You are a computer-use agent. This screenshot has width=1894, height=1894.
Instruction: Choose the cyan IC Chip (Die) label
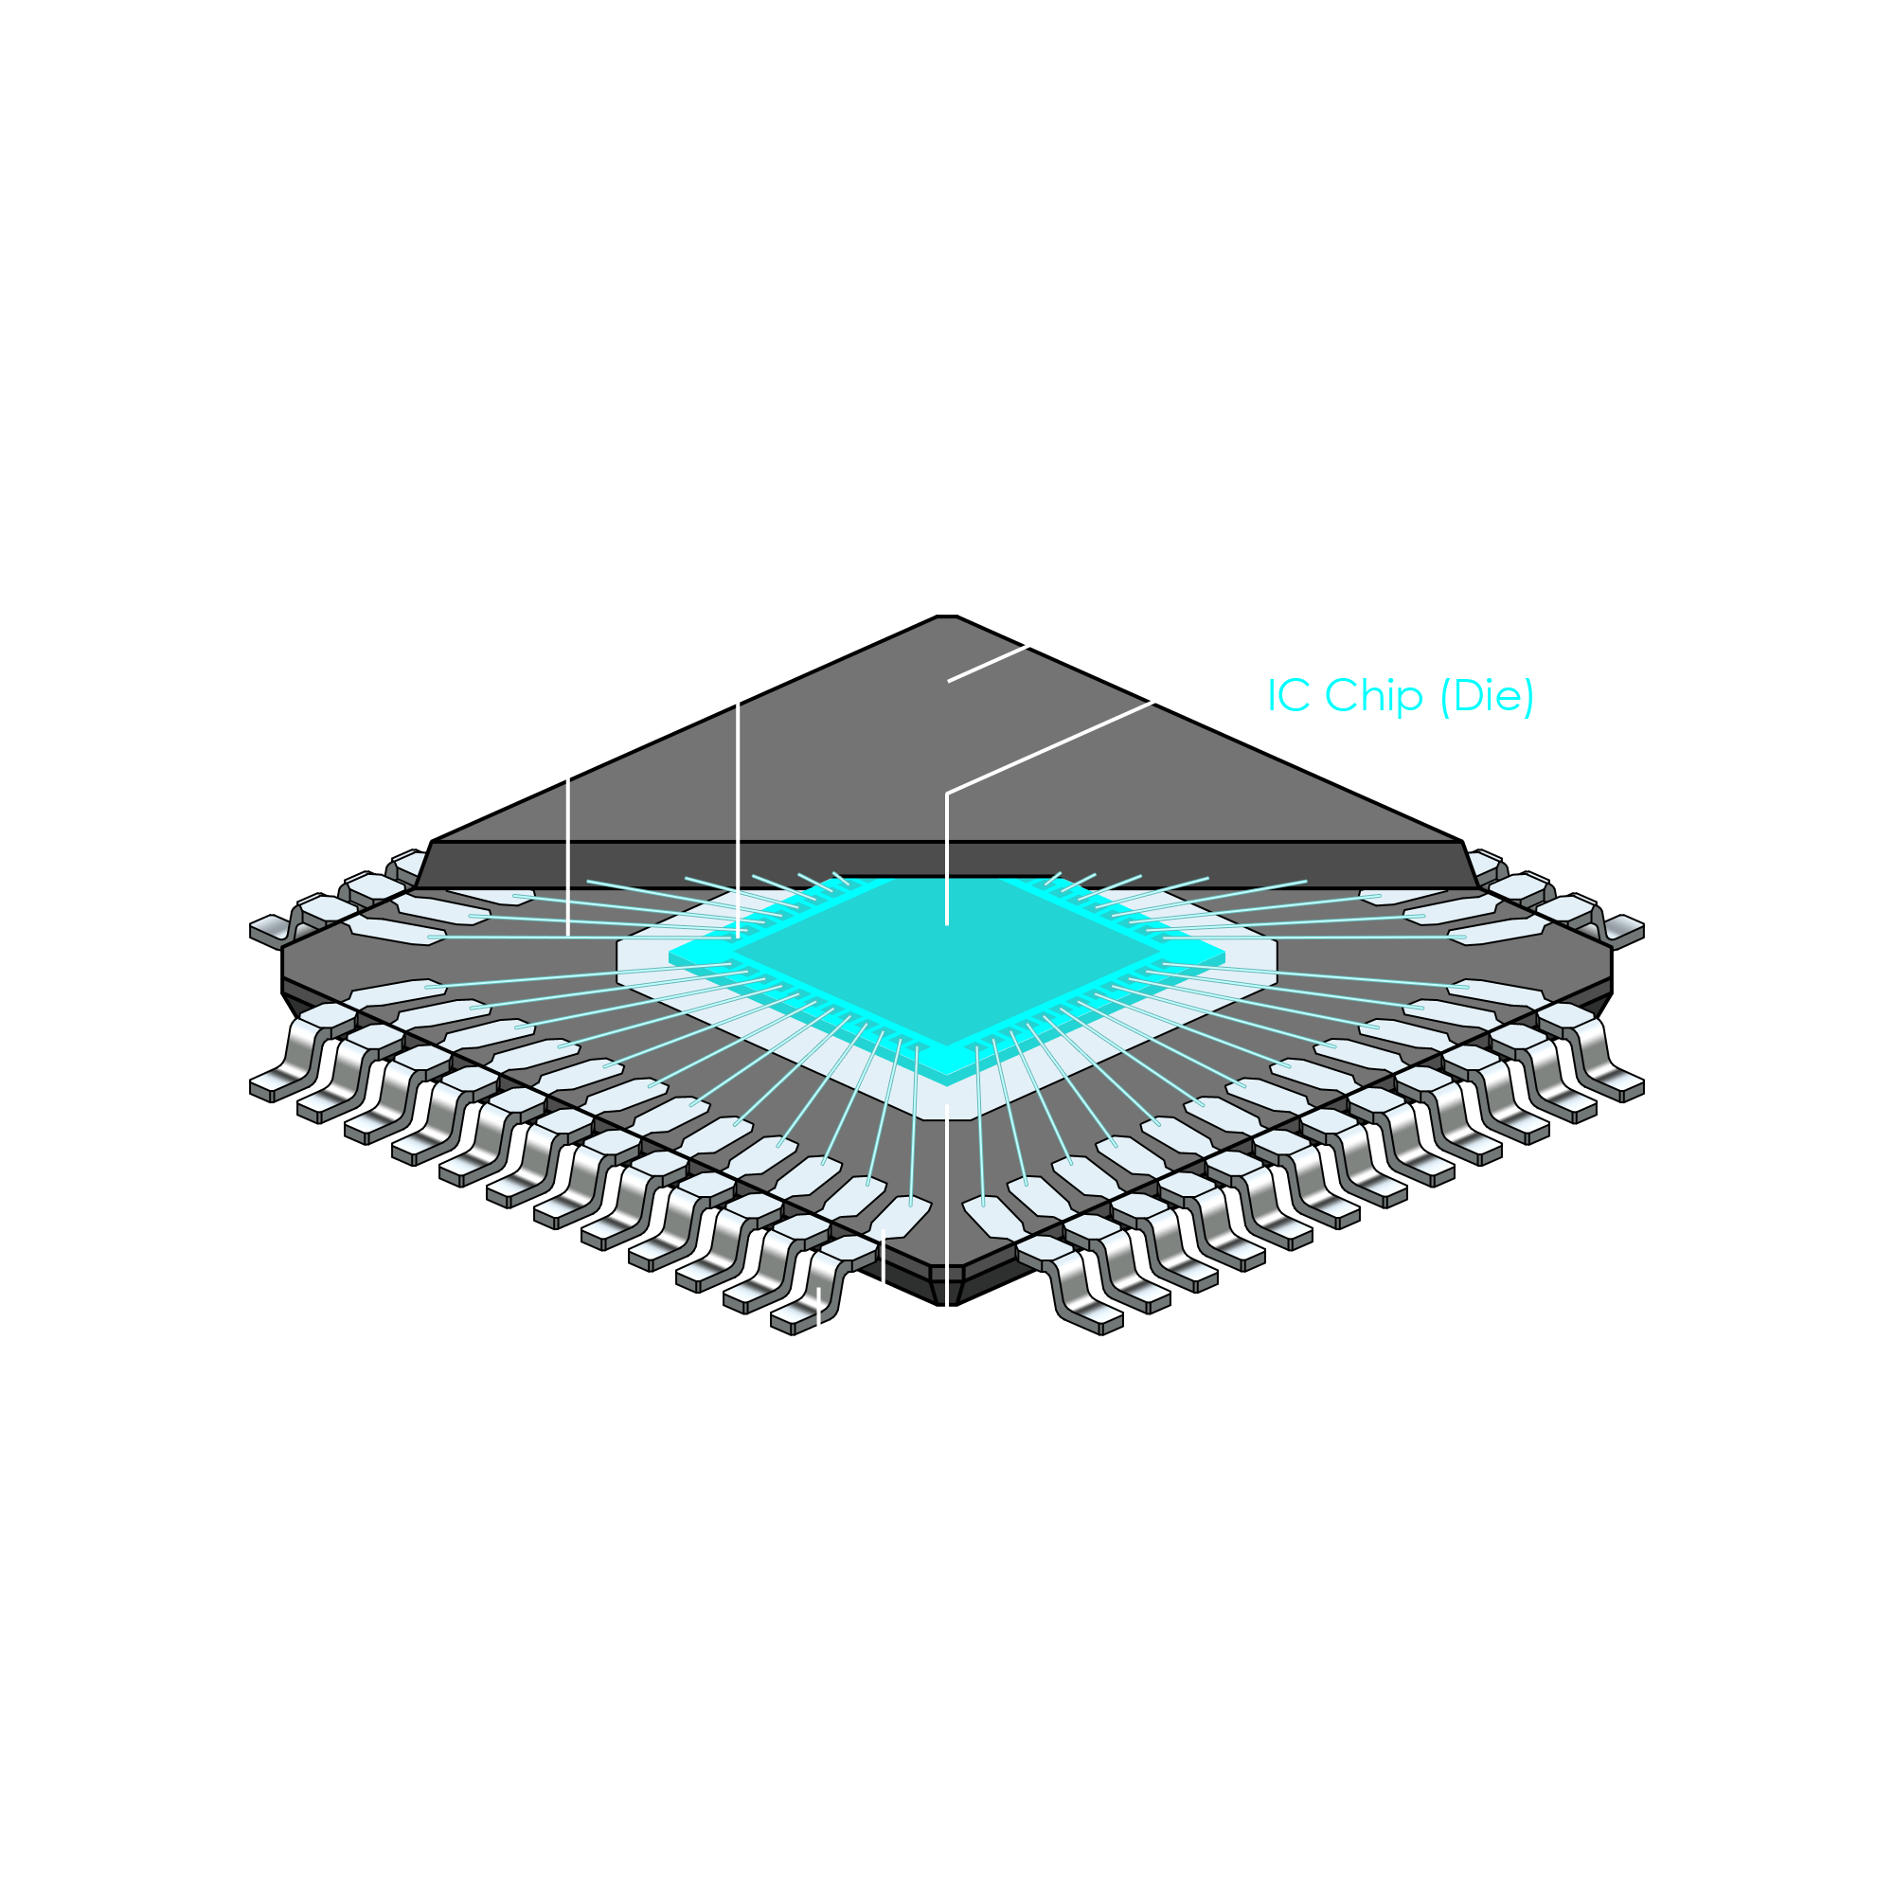(x=1400, y=695)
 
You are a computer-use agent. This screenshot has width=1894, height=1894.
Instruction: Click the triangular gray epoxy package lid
(x=947, y=745)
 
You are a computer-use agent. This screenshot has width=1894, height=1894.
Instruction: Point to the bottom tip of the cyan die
(x=947, y=1063)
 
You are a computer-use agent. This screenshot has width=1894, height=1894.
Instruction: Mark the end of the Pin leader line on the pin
(x=819, y=1292)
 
